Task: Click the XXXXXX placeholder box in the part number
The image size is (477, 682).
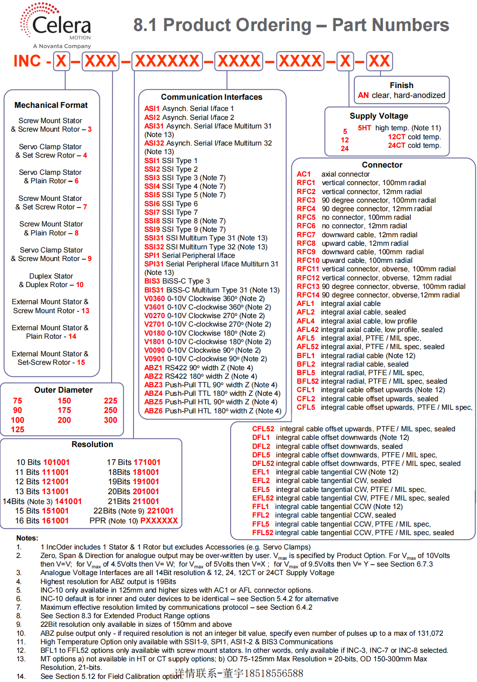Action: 167,61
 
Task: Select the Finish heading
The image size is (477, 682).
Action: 401,85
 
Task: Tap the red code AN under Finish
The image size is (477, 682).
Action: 363,95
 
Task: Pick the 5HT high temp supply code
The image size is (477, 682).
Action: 364,128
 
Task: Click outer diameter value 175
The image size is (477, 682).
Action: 64,410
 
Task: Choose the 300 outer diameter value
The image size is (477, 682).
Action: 111,420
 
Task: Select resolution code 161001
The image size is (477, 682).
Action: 55,521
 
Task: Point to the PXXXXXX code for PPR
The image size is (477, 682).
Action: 159,521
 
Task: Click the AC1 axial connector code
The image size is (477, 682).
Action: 303,174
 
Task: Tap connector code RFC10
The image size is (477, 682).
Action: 308,261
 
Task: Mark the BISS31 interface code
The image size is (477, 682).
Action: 154,290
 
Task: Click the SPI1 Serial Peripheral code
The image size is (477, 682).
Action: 152,256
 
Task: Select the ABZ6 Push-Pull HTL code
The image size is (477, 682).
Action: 153,411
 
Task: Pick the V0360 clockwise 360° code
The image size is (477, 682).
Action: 155,299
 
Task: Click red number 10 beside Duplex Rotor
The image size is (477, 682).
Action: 80,285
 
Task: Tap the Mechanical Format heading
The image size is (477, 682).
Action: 51,105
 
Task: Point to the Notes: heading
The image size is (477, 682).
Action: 27,538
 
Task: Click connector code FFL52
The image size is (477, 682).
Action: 263,533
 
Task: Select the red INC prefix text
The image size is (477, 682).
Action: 27,61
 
